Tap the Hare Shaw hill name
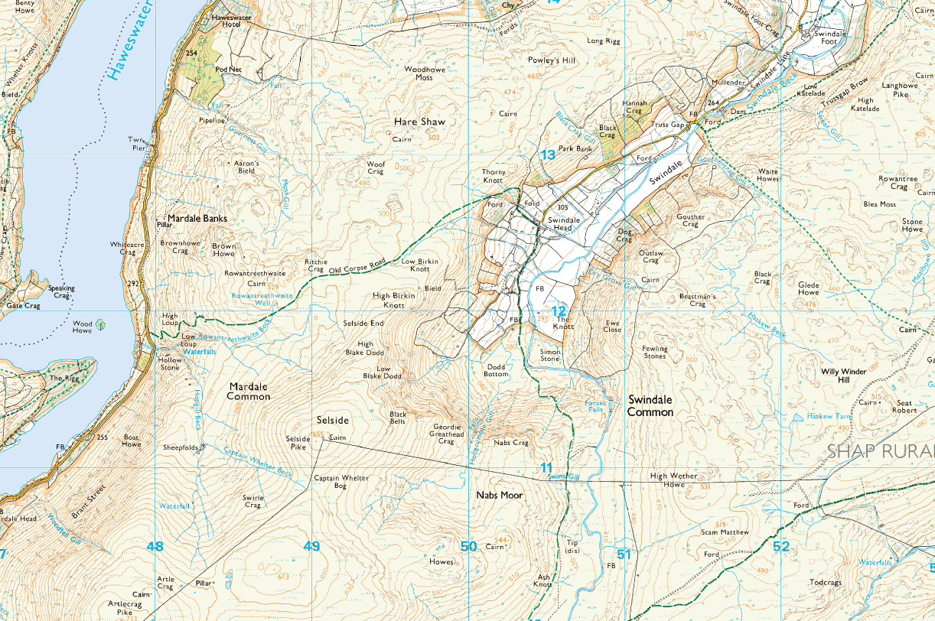coord(419,122)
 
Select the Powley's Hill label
coord(550,60)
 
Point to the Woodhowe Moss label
coord(419,73)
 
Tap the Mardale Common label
coord(249,392)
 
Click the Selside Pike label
coord(297,442)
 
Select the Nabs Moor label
coord(499,496)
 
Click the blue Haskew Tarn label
coord(829,417)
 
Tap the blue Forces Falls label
coord(595,406)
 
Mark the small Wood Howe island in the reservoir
coord(102,324)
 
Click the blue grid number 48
coord(155,546)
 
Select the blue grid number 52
coord(780,546)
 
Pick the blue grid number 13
coord(547,155)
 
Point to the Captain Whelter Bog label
coord(341,483)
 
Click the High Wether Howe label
coord(673,480)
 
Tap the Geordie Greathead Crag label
coord(446,434)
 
